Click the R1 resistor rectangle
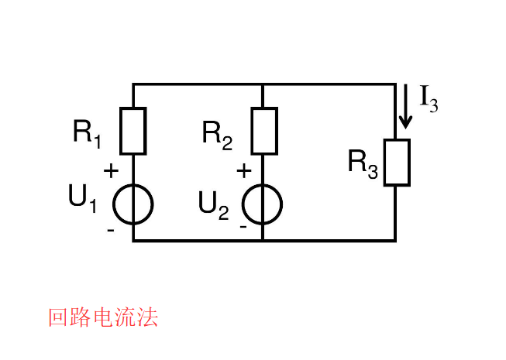133,131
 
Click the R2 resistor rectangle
263,131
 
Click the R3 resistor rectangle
396,163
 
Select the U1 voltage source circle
133,204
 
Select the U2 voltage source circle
263,204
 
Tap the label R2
217,133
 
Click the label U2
213,204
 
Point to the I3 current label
429,98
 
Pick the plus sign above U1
111,171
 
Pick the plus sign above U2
243,171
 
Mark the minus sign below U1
111,230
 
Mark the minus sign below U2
243,227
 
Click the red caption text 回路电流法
102,317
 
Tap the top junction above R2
263,84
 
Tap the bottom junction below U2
263,241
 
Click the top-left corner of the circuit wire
133,84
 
